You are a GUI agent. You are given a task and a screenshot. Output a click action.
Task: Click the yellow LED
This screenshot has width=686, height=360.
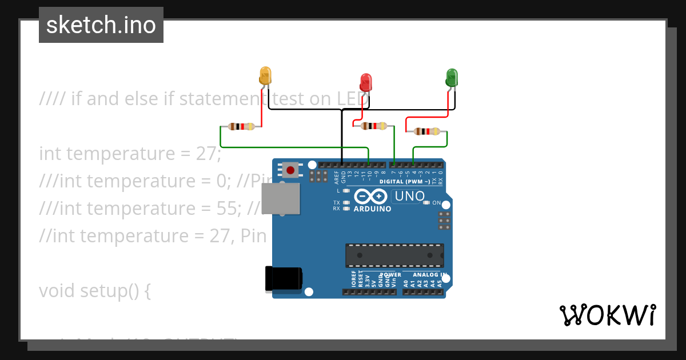click(265, 76)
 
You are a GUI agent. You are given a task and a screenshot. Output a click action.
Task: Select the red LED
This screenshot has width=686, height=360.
click(366, 82)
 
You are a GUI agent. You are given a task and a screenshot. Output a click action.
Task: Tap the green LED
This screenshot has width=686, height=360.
click(452, 78)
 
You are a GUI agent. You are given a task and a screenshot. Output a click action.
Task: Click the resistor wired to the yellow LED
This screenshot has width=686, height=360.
click(241, 126)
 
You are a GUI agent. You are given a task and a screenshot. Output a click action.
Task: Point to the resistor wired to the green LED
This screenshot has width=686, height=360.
click(427, 131)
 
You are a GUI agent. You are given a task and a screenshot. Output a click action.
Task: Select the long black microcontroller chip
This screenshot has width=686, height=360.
click(394, 255)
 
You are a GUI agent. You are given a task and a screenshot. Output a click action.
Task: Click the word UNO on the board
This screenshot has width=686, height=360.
click(409, 197)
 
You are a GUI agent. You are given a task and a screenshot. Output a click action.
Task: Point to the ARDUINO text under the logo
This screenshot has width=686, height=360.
click(373, 209)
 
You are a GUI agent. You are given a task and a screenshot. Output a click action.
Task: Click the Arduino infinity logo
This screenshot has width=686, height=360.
click(371, 197)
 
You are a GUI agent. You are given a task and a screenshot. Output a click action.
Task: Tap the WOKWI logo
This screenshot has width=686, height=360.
click(607, 315)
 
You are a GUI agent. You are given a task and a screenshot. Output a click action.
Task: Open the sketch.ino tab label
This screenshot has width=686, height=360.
click(101, 25)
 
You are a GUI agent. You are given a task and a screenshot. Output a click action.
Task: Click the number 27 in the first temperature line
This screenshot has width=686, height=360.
click(207, 154)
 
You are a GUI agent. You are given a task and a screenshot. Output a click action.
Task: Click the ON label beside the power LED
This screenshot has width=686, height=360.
click(437, 203)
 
